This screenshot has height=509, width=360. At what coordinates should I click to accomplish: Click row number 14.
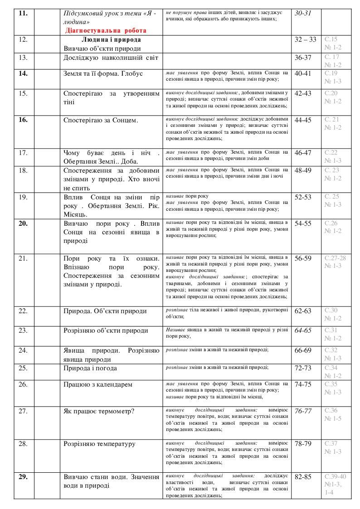pyautogui.click(x=23, y=73)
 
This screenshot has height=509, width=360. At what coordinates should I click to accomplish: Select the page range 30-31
pyautogui.click(x=303, y=14)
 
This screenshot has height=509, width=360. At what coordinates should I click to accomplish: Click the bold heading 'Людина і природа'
pyautogui.click(x=111, y=40)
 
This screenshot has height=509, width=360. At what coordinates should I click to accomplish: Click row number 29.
pyautogui.click(x=23, y=476)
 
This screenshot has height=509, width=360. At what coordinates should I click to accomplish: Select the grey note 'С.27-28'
pyautogui.click(x=335, y=258)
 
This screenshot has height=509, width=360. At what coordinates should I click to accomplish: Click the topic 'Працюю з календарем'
pyautogui.click(x=98, y=384)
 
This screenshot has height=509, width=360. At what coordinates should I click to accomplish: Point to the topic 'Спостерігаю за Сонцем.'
pyautogui.click(x=101, y=120)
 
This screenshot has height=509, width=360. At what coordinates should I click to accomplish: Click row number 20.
pyautogui.click(x=23, y=223)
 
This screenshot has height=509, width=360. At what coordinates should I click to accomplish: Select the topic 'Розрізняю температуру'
pyautogui.click(x=100, y=444)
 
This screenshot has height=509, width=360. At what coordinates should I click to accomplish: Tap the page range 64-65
pyautogui.click(x=303, y=330)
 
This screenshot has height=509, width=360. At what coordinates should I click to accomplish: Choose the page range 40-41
pyautogui.click(x=303, y=73)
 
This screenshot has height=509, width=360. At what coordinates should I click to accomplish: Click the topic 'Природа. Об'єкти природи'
pyautogui.click(x=105, y=311)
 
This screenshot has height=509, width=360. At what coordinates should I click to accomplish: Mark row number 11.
pyautogui.click(x=23, y=14)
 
